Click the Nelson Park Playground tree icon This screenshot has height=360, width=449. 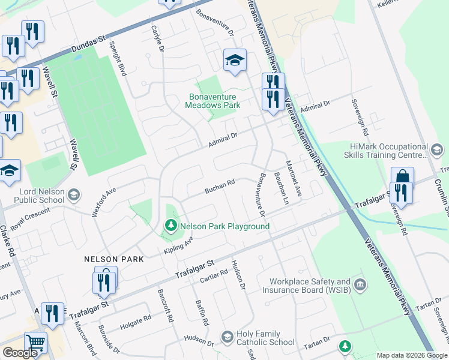click(171, 226)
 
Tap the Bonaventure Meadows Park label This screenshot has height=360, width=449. click(212, 101)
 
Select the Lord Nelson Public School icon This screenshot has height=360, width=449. click(73, 194)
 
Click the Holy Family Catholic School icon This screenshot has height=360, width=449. click(226, 338)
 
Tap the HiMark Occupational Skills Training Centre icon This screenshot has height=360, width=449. click(437, 149)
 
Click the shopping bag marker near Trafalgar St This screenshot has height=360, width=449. click(402, 178)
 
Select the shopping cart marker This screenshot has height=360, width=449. click(35, 342)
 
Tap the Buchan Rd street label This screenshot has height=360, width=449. click(219, 187)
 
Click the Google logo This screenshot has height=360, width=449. click(20, 353)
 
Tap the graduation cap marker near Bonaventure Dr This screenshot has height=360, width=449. click(235, 60)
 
